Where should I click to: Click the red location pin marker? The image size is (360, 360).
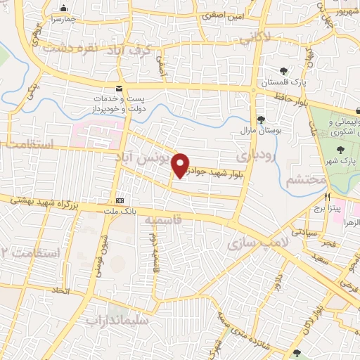point(181,165)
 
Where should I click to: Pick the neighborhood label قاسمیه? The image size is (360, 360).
point(163,220)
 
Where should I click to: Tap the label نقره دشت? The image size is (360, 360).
point(69,48)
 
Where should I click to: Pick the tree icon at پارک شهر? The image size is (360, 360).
point(341,149)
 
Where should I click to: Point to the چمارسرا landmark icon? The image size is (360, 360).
point(64,9)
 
